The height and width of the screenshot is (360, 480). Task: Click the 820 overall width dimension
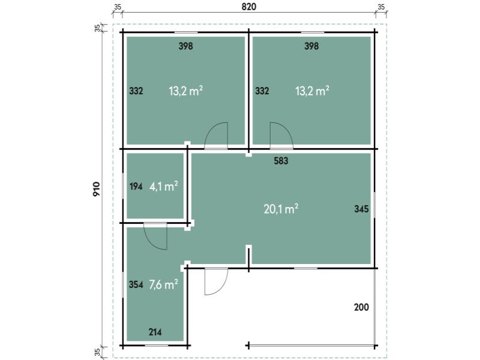point(248,7)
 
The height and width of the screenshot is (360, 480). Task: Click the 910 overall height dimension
point(97,189)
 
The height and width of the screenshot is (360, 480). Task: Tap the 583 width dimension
point(281,161)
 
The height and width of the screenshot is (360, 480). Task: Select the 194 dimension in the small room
point(136,186)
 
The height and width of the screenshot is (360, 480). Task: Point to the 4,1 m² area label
point(164,186)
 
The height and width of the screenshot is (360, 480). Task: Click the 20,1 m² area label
point(281,209)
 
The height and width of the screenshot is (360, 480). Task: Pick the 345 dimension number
point(361,209)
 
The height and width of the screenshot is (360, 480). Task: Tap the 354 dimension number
point(136,284)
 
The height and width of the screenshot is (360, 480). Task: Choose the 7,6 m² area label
point(163,284)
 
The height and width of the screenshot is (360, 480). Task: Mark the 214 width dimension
point(155,332)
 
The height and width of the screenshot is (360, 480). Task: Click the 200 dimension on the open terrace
point(361,307)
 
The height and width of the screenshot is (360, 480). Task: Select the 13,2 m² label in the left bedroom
point(186,91)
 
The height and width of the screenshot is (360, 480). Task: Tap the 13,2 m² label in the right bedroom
point(312,91)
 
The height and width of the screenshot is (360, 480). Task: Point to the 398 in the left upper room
point(186,46)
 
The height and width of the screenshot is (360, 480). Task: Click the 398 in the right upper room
point(311,46)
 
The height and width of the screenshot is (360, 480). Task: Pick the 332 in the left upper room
point(136,91)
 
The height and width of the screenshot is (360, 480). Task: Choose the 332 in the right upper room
point(262,91)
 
